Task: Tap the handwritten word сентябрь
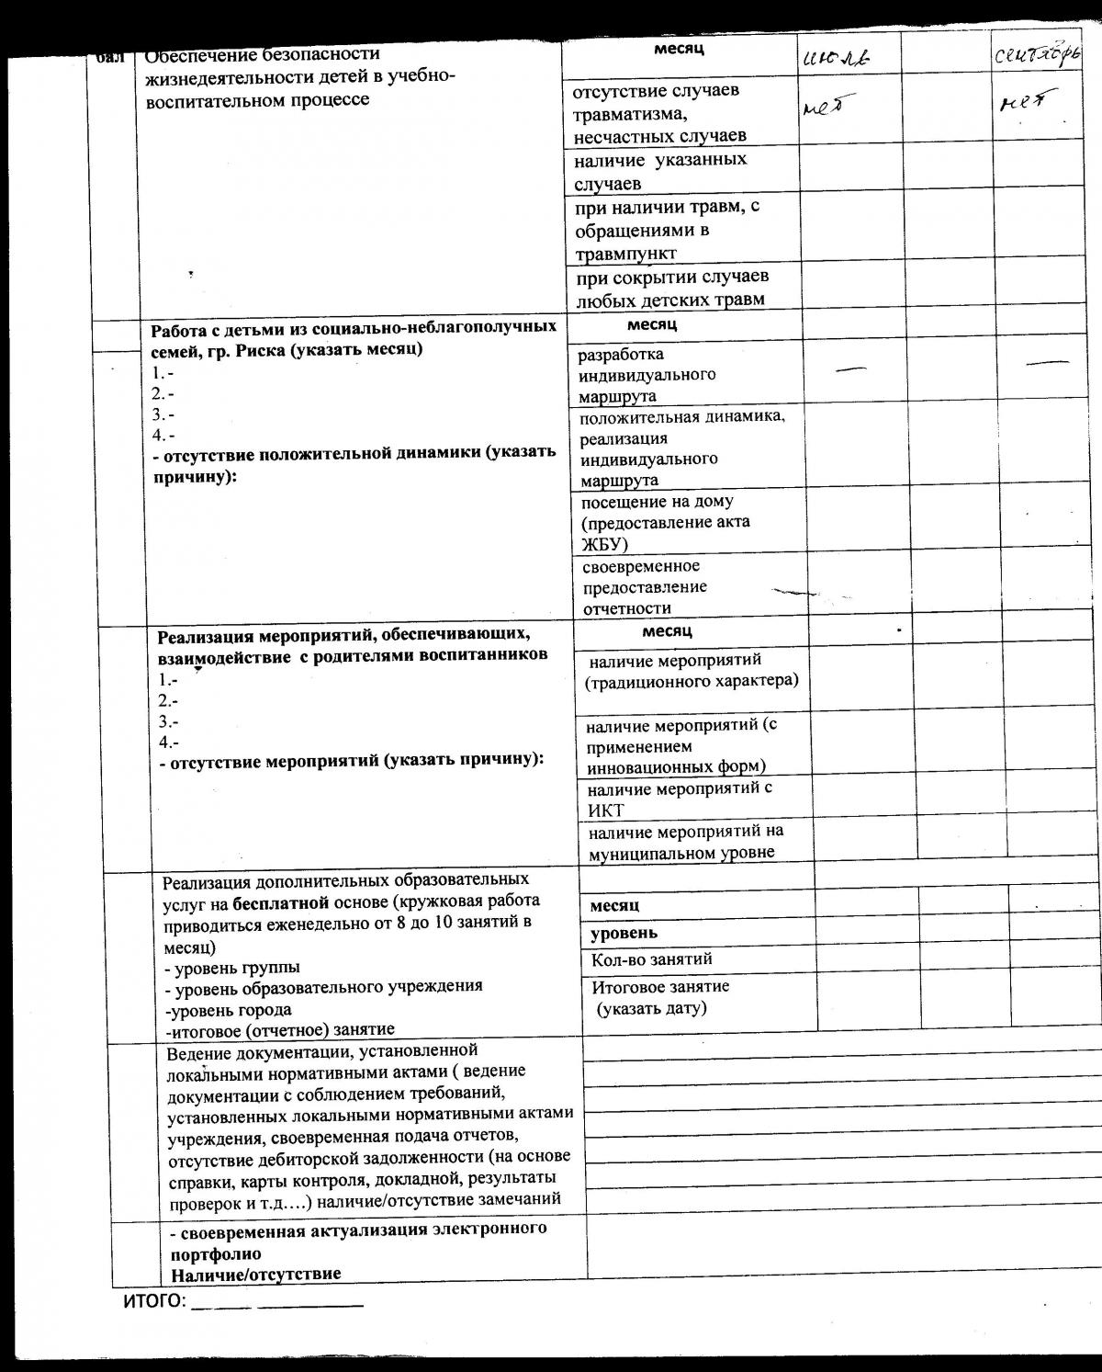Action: click(x=1038, y=55)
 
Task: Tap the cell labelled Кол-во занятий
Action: click(x=652, y=959)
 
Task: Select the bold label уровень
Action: click(x=624, y=933)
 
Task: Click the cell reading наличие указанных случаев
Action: click(x=660, y=171)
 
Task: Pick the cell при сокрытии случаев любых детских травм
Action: click(x=672, y=288)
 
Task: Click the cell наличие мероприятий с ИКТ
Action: click(x=680, y=799)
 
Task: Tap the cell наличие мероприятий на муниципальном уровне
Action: click(x=686, y=842)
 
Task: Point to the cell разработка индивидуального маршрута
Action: click(x=647, y=375)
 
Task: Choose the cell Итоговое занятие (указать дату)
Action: click(x=660, y=997)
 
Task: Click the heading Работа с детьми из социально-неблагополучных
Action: click(x=353, y=328)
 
